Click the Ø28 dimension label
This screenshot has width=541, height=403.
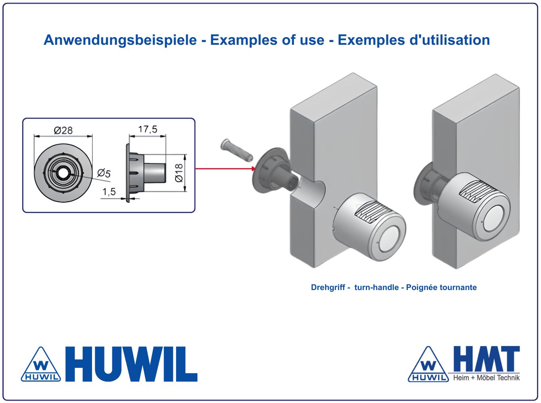click(63, 130)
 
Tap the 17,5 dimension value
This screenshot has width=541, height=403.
click(147, 129)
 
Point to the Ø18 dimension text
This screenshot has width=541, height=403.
click(179, 173)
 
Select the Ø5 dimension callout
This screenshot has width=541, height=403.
click(104, 173)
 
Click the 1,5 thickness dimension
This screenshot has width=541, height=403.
click(109, 192)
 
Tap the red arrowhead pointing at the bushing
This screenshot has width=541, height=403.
click(254, 169)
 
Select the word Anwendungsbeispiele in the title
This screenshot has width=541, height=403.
click(120, 40)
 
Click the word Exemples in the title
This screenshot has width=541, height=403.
click(371, 40)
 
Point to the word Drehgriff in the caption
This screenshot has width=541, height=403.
click(328, 287)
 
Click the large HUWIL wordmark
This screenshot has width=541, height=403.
click(131, 364)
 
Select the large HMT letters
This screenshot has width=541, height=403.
click(486, 359)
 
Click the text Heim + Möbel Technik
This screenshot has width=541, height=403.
click(486, 378)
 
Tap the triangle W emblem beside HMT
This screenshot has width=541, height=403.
click(428, 364)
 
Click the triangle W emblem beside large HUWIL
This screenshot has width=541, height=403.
click(41, 364)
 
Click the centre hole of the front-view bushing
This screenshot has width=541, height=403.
click(63, 173)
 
